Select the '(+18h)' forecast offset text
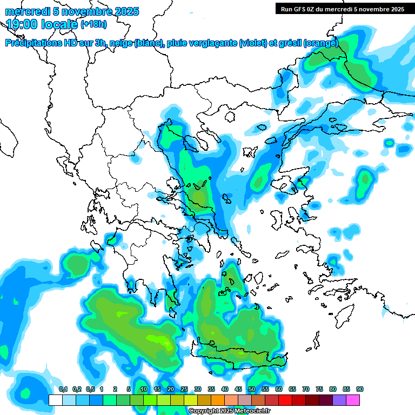[93, 24]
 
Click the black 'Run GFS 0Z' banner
[341, 9]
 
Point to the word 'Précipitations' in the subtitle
[34, 43]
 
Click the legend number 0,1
[63, 390]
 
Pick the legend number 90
[360, 390]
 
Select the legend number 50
[252, 390]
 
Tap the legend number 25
[184, 390]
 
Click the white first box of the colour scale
[56, 400]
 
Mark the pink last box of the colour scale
[353, 400]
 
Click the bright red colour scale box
[285, 400]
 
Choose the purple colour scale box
[339, 400]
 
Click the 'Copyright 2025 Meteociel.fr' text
[229, 411]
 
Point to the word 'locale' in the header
[59, 23]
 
